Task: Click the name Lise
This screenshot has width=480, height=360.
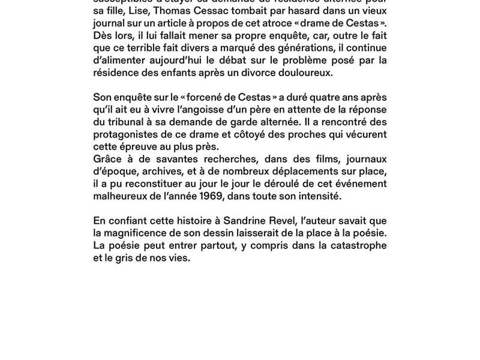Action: (139, 11)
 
